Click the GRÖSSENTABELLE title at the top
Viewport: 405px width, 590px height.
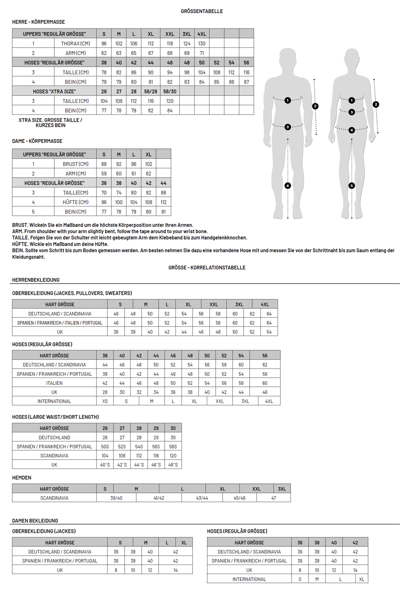[x=202, y=11]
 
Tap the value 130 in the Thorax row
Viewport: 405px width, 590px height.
[x=202, y=43]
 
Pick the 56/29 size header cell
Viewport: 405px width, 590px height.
[x=151, y=92]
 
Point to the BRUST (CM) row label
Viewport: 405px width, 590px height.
[x=75, y=164]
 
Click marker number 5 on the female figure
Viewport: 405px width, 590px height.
[x=351, y=186]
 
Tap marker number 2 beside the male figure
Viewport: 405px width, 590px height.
[x=315, y=106]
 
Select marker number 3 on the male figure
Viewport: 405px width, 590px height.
[x=288, y=127]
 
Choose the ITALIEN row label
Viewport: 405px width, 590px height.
[x=54, y=383]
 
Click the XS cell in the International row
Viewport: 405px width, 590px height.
[x=105, y=401]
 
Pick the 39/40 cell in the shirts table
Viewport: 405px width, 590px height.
[x=116, y=498]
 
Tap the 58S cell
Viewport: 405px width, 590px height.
[x=173, y=447]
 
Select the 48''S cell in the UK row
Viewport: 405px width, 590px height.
[x=173, y=465]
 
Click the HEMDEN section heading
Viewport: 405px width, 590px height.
[x=22, y=477]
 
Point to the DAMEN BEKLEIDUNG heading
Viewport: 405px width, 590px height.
[x=35, y=521]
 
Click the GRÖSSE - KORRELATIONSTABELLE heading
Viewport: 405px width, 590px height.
[x=207, y=268]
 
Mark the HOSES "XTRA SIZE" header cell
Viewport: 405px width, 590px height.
[x=54, y=92]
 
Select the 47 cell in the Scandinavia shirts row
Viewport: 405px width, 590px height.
[x=273, y=498]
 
